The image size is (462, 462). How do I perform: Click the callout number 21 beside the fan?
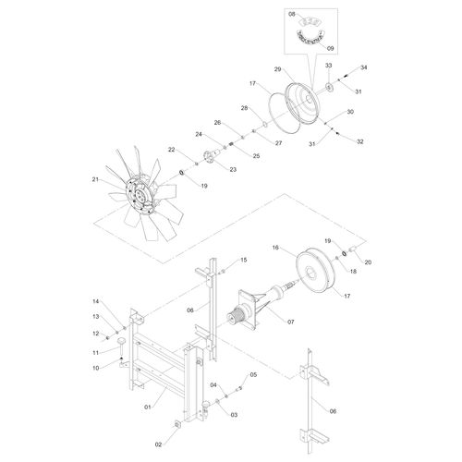tap(95, 179)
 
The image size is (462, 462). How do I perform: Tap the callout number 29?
tap(277, 69)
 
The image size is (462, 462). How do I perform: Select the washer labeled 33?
tap(330, 87)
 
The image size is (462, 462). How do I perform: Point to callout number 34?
tap(364, 67)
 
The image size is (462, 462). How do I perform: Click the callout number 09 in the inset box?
tap(330, 48)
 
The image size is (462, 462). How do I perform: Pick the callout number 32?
tap(359, 141)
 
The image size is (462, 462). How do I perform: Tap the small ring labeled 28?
tap(264, 124)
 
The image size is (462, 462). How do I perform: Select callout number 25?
tap(256, 156)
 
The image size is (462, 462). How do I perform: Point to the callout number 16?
tap(275, 248)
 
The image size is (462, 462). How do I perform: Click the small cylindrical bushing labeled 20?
tap(353, 249)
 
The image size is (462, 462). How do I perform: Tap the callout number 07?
tap(291, 322)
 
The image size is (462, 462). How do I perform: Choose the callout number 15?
tap(244, 260)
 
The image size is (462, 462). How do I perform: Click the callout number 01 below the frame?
tap(148, 407)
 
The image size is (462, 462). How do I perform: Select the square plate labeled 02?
tap(177, 425)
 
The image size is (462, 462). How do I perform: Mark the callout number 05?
tap(253, 375)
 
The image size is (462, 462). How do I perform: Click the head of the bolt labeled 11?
tap(122, 341)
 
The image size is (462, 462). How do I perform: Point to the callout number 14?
tap(96, 301)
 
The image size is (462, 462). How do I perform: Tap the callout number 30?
tap(350, 112)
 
